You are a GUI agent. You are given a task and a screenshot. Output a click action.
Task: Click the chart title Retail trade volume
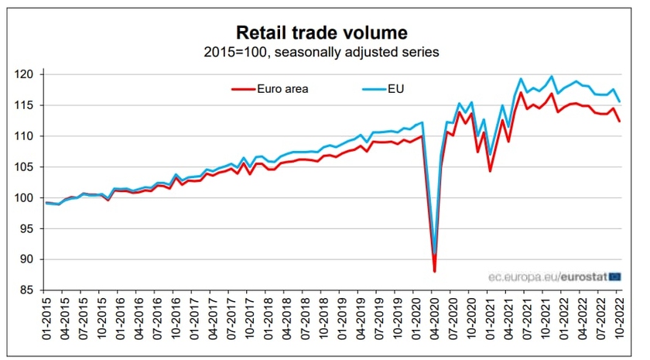(x=321, y=33)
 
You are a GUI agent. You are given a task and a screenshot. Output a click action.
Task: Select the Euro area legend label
(x=282, y=88)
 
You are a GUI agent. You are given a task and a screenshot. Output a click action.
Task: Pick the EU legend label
(x=395, y=88)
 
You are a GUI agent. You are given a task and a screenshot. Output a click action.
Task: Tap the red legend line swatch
(x=244, y=88)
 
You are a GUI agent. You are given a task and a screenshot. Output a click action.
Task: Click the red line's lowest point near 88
(x=434, y=271)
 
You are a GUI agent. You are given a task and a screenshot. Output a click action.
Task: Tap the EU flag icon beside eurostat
(x=615, y=276)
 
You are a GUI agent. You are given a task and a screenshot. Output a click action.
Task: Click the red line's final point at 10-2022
(x=620, y=122)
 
